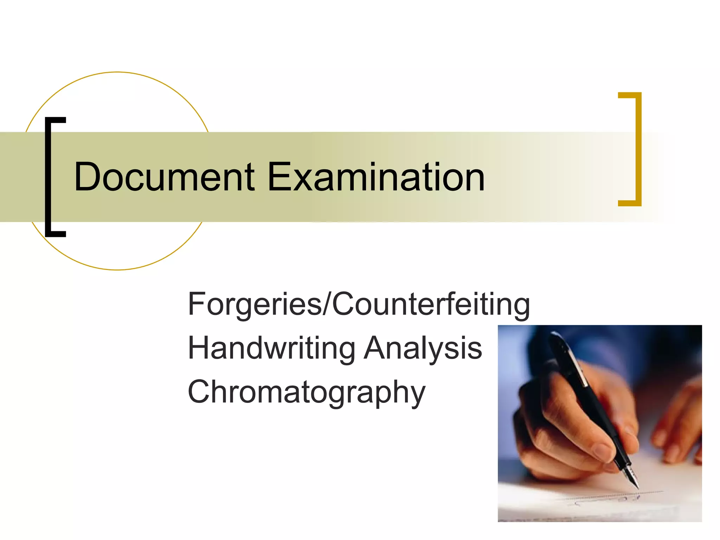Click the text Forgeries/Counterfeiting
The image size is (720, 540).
click(x=359, y=304)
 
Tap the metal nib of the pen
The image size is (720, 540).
click(x=632, y=476)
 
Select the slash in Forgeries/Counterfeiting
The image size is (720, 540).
click(x=327, y=304)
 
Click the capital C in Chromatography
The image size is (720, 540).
click(x=200, y=392)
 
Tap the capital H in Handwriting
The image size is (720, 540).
click(x=200, y=348)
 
